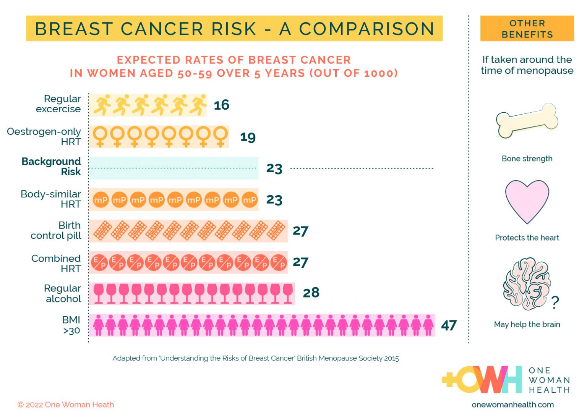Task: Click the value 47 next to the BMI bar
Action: pos(449,325)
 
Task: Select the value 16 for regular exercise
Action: pos(221,105)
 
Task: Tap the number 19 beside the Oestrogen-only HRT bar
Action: pos(248,137)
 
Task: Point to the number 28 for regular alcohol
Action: pos(311,293)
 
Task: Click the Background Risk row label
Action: pos(51,167)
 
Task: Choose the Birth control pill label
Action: pos(56,230)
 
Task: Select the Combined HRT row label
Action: pos(56,264)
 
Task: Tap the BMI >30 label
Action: pos(71,325)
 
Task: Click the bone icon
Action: pos(527,120)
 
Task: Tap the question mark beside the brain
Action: pos(555,303)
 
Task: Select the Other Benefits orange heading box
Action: pos(527,29)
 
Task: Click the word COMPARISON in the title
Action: pos(366,29)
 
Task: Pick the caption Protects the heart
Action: pos(527,238)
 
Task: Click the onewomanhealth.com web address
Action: pos(512,404)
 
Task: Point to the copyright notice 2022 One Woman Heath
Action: pos(66,404)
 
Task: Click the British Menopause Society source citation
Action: pos(255,358)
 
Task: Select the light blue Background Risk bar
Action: pos(174,168)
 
